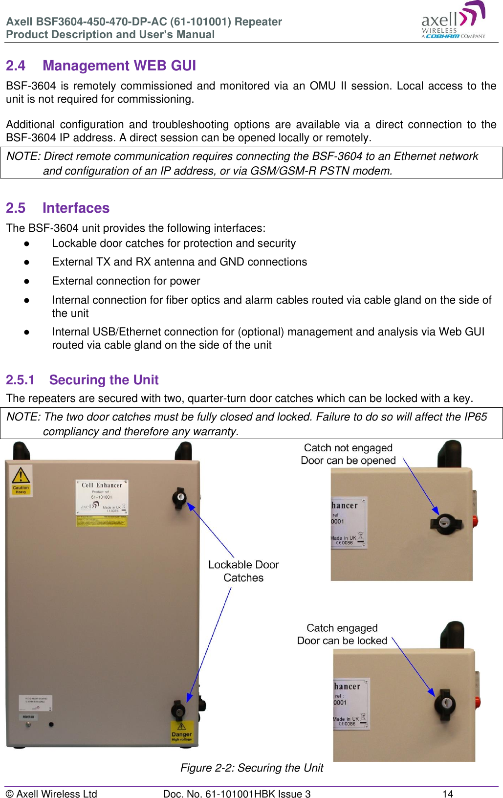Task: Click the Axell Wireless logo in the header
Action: pyautogui.click(x=453, y=21)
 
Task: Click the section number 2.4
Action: pyautogui.click(x=16, y=66)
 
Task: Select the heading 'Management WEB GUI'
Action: pyautogui.click(x=119, y=66)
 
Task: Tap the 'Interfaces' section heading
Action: pyautogui.click(x=76, y=208)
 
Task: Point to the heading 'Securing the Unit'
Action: pyautogui.click(x=104, y=380)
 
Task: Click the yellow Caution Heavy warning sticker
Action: pyautogui.click(x=21, y=481)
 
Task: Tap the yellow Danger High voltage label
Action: pyautogui.click(x=181, y=732)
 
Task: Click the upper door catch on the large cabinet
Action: pyautogui.click(x=179, y=497)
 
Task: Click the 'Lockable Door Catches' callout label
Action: pyautogui.click(x=243, y=571)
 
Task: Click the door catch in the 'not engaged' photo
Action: pyautogui.click(x=445, y=523)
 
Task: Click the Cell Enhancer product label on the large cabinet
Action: pyautogui.click(x=102, y=497)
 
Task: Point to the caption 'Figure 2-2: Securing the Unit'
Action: pyautogui.click(x=252, y=768)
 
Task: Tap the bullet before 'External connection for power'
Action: pyautogui.click(x=27, y=281)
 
